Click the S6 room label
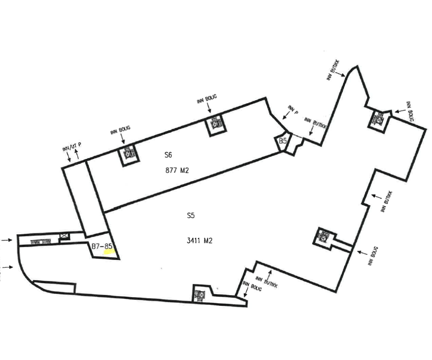coord(168,155)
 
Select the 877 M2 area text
coord(176,170)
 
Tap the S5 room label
coord(191,216)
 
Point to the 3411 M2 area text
coord(199,241)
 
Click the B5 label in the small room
coord(283,141)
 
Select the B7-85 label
coord(102,246)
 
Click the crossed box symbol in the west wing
coord(64,237)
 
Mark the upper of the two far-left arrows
coord(7,239)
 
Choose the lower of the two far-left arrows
coord(7,266)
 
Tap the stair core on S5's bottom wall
coord(199,293)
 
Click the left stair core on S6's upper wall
coord(128,154)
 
